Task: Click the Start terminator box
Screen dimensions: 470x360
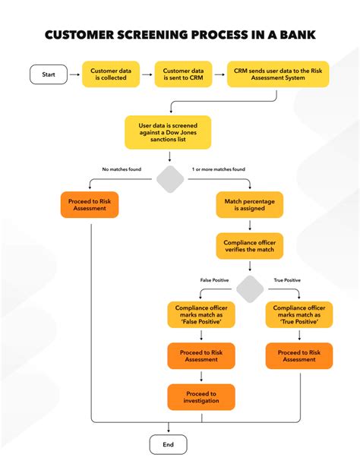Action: coord(49,74)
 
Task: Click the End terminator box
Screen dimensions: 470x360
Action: coord(168,444)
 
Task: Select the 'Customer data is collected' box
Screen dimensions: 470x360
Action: coord(111,74)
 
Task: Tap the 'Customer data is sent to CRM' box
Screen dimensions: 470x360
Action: coord(182,74)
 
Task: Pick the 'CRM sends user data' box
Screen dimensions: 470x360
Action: coord(278,74)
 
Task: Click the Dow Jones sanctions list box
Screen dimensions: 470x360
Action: coord(168,131)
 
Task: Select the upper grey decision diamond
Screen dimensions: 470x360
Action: coord(170,180)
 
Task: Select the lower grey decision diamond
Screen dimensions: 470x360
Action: coord(249,289)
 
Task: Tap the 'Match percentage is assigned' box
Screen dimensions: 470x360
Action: coord(249,205)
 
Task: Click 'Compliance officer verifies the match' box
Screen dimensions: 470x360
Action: coord(249,246)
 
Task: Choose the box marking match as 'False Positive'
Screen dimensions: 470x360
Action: coord(201,314)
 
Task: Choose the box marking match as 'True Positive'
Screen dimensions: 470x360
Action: coord(299,314)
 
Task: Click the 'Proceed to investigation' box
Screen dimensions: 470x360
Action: coord(201,397)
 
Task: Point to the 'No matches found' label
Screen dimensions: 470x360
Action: coord(121,169)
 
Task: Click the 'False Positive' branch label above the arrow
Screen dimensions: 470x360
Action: coord(213,280)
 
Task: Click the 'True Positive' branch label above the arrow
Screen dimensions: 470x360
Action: coord(286,280)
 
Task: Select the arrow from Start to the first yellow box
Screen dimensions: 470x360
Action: coord(74,74)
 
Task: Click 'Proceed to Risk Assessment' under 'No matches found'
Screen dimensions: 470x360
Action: coord(90,205)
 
